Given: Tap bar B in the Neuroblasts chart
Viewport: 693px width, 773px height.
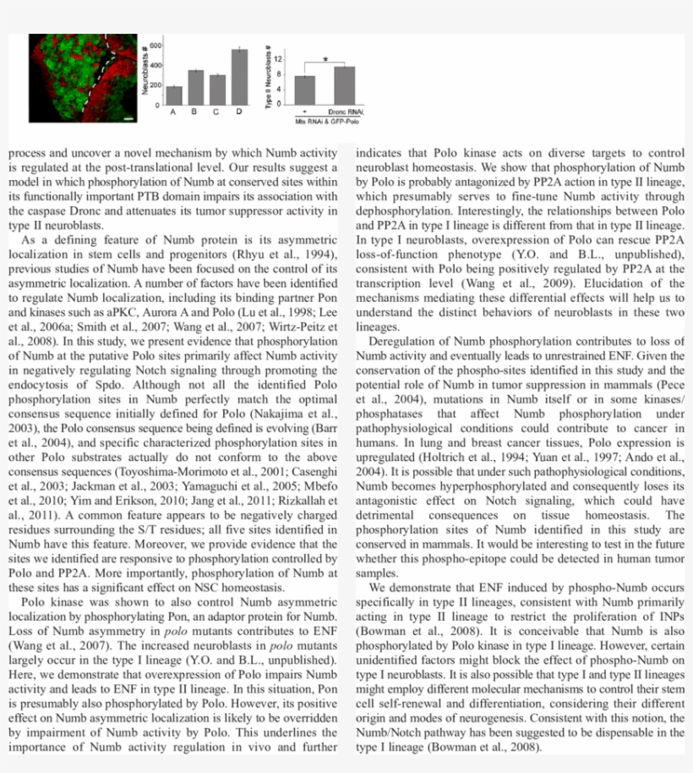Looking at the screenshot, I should (x=195, y=86).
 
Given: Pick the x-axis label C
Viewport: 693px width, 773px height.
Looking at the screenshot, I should (x=217, y=112).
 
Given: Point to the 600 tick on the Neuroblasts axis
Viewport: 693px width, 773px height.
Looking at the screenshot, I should (x=157, y=44).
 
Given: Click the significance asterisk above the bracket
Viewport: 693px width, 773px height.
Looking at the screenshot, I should (x=325, y=59).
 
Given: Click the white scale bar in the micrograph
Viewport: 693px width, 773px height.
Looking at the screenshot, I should (x=128, y=119).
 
